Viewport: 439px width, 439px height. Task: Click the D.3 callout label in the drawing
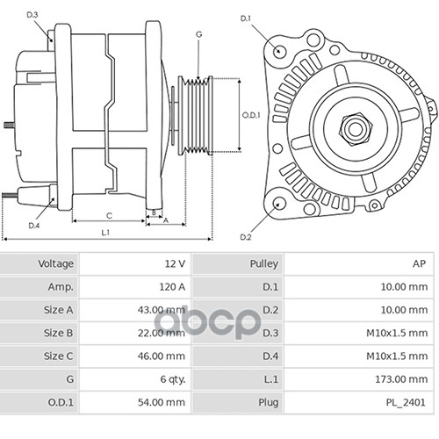coord(32,15)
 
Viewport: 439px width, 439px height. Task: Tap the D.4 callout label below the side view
coord(34,226)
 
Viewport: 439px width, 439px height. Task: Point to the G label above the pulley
coord(199,34)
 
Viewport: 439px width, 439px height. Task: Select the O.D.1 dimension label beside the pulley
coord(251,115)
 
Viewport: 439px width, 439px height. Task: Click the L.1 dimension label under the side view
coord(105,233)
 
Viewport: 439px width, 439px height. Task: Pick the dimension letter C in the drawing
coord(109,216)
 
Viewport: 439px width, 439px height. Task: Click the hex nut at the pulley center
coord(355,129)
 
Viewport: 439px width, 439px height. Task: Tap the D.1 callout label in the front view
coord(246,18)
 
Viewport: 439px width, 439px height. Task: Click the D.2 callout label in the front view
coord(246,237)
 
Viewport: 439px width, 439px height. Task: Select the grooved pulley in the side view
coord(195,115)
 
